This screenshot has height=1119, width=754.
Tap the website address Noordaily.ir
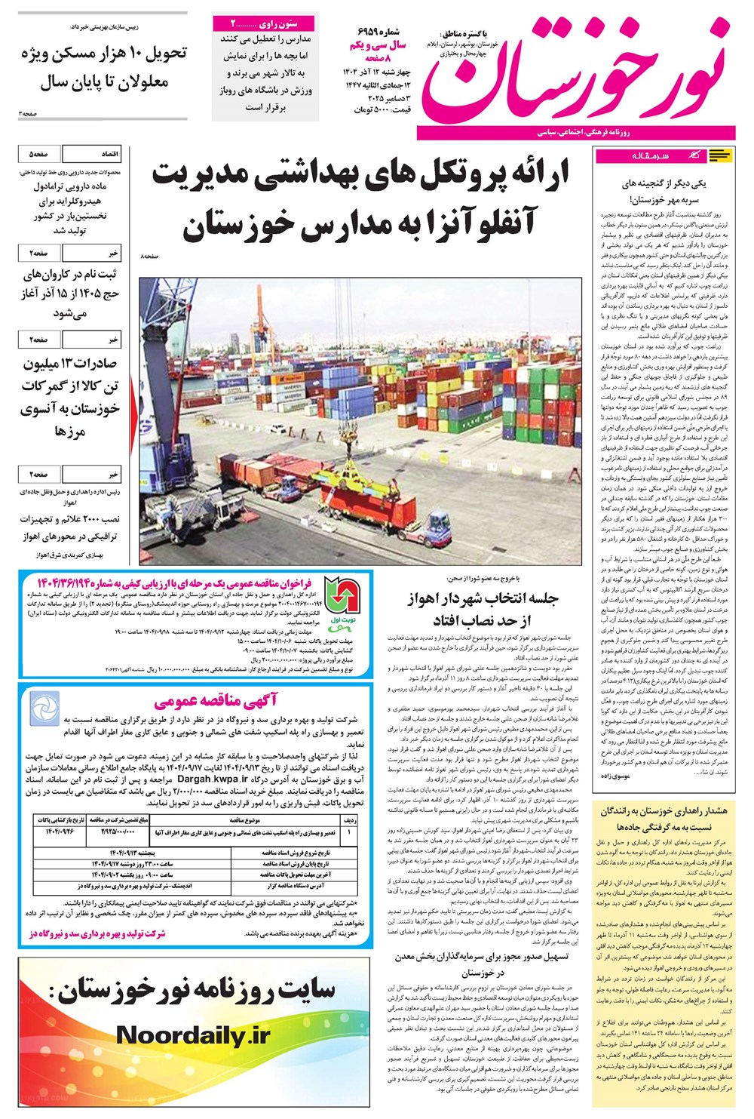(x=192, y=1035)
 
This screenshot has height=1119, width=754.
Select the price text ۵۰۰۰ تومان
(x=372, y=110)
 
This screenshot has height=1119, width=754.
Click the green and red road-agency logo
(x=343, y=595)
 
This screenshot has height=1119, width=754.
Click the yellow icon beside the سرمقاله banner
(x=721, y=156)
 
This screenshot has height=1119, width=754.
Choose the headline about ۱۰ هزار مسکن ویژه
(x=103, y=68)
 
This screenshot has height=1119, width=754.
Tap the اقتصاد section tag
(x=106, y=154)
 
